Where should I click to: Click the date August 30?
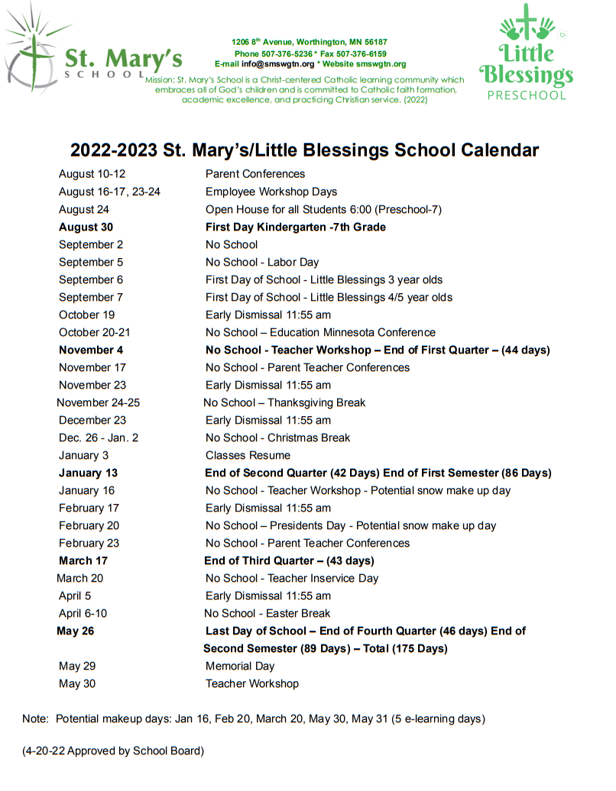coord(86,227)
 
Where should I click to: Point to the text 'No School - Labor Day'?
coord(262,262)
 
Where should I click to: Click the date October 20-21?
coord(94,332)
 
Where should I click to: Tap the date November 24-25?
coord(98,402)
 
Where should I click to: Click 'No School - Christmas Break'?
coord(277,437)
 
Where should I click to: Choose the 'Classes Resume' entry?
coord(248,455)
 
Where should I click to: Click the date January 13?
coord(88,473)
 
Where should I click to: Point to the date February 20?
coord(89,525)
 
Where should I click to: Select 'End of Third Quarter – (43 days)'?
coord(289,560)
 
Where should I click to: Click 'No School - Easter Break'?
coord(267,613)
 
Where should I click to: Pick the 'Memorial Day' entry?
coord(239,666)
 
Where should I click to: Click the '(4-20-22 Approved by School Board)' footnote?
coord(113,751)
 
